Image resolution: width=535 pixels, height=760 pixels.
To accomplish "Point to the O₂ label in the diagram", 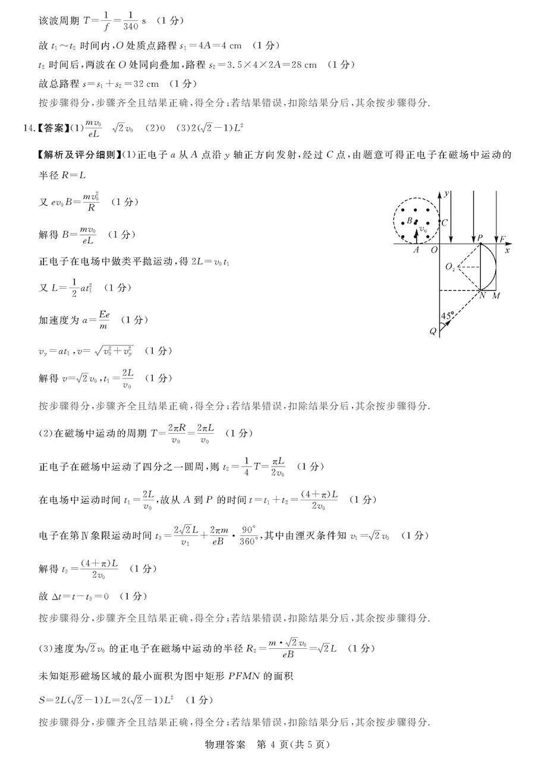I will tap(450, 267).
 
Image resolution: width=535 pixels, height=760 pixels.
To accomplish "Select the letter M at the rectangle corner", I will tap(496, 296).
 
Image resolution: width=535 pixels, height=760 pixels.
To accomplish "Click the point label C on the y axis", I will tap(445, 223).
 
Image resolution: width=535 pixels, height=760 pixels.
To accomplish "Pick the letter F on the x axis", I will tap(502, 239).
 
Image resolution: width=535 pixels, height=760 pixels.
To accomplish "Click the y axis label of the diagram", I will tap(445, 194).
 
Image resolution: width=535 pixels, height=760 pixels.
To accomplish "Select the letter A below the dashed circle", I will tap(417, 250).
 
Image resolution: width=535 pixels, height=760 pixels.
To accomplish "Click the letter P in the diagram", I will tap(479, 238).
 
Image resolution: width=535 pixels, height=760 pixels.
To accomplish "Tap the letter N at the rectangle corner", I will tap(482, 296).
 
